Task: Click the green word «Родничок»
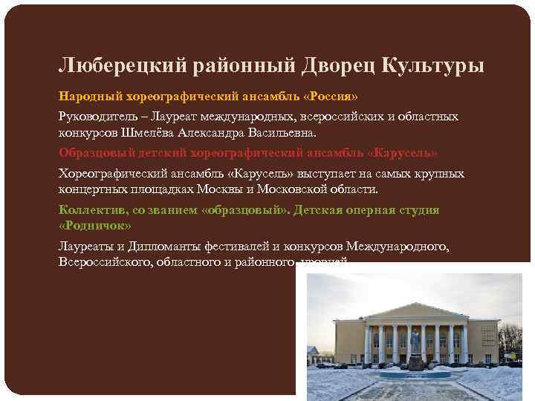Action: [x=94, y=225]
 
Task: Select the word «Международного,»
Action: [x=401, y=246]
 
